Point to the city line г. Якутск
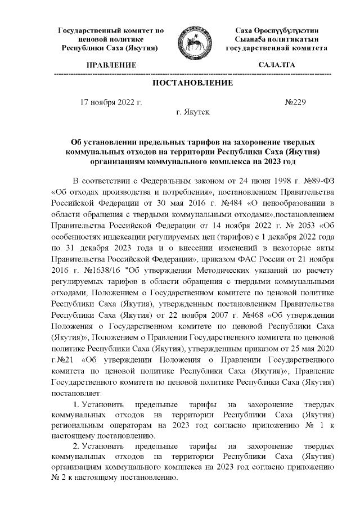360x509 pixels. click(x=193, y=112)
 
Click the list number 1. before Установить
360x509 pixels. click(x=77, y=407)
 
